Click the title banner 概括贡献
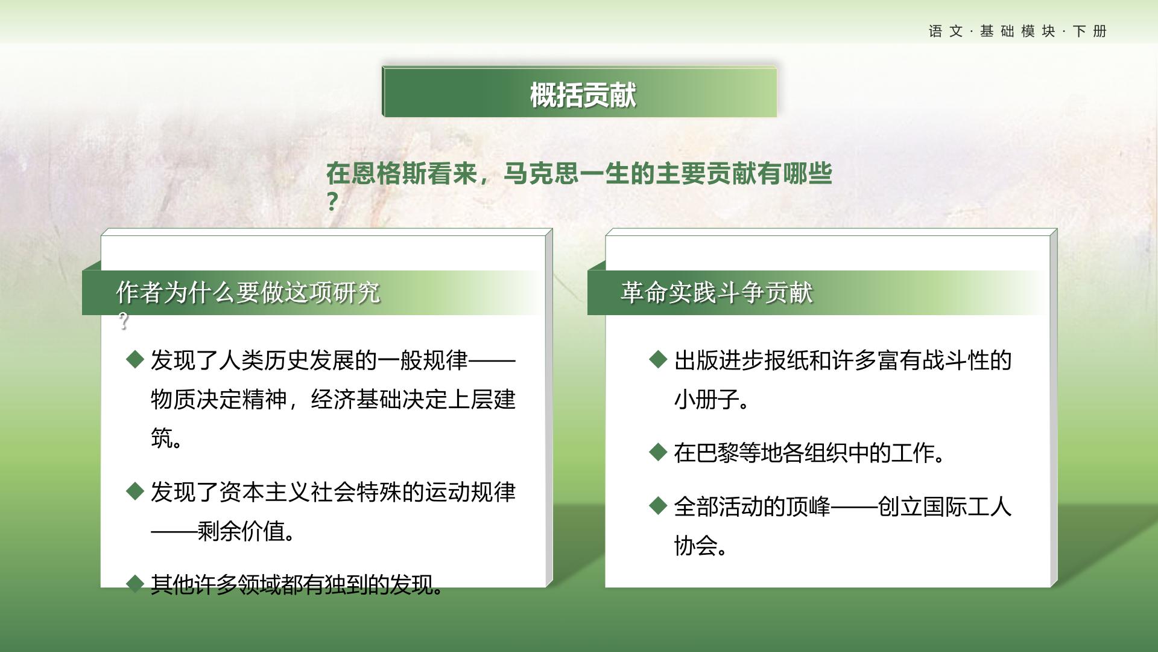pyautogui.click(x=580, y=92)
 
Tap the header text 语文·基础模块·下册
pyautogui.click(x=1017, y=31)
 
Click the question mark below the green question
pyautogui.click(x=332, y=201)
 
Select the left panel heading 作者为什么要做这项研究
pyautogui.click(x=248, y=293)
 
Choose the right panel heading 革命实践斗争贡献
pyautogui.click(x=717, y=293)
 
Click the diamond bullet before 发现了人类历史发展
pyautogui.click(x=135, y=360)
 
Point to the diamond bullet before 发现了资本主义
pyautogui.click(x=135, y=491)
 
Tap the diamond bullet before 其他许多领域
pyautogui.click(x=135, y=584)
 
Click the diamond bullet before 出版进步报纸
pyautogui.click(x=658, y=360)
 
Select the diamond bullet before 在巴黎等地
pyautogui.click(x=658, y=452)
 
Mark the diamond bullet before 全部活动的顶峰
pyautogui.click(x=658, y=506)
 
